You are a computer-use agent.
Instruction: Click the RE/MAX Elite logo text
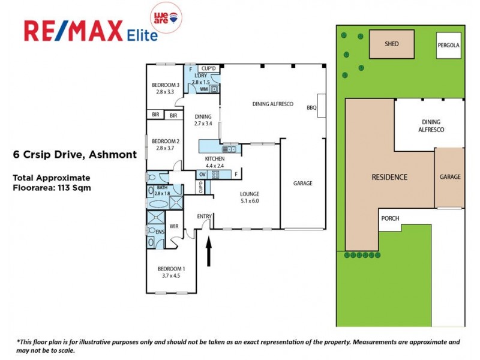[x=90, y=31]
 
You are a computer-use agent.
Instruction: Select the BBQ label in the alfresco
[x=311, y=108]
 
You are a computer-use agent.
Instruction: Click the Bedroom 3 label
[x=165, y=85]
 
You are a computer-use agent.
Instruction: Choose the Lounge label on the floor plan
[x=249, y=194]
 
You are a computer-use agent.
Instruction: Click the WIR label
[x=174, y=226]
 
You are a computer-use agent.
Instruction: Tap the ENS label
[x=160, y=231]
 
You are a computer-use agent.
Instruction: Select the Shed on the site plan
[x=391, y=44]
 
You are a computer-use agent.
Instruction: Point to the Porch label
[x=390, y=218]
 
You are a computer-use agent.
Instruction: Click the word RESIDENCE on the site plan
[x=389, y=177]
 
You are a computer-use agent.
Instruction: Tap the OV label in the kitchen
[x=202, y=175]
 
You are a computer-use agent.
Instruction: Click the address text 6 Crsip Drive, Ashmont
[x=75, y=154]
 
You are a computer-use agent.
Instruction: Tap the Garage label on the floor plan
[x=302, y=183]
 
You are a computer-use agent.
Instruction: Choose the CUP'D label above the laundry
[x=208, y=68]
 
